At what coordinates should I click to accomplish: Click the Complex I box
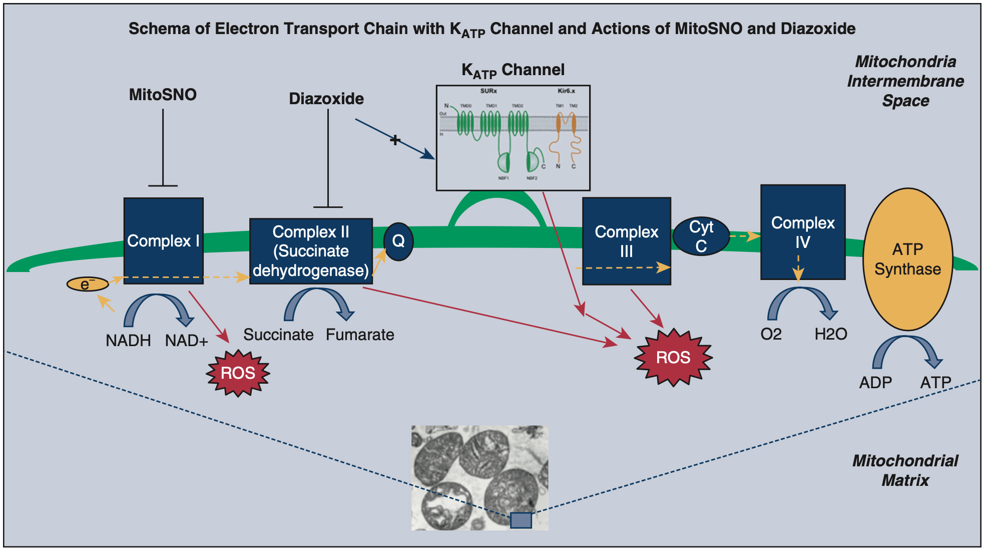click(163, 241)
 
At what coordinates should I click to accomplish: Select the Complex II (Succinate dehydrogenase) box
click(311, 251)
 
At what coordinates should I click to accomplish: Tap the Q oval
click(398, 241)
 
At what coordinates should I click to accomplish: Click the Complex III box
click(626, 241)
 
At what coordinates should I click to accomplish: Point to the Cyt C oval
click(701, 236)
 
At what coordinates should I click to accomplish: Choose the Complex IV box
click(803, 232)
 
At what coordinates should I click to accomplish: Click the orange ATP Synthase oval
click(907, 259)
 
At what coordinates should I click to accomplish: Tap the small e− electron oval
click(88, 285)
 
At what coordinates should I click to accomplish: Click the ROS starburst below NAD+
click(238, 373)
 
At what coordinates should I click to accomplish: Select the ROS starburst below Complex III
click(673, 358)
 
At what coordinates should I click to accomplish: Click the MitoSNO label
click(163, 95)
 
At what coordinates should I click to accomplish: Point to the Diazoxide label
click(326, 99)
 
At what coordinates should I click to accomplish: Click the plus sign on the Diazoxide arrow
click(395, 140)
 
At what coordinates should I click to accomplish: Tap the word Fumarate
click(360, 335)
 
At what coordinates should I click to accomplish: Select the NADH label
click(128, 341)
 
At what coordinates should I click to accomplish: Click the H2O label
click(830, 334)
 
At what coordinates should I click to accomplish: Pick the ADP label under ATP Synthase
click(875, 383)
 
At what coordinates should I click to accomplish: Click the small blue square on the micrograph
click(521, 520)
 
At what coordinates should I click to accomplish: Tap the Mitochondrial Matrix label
click(905, 470)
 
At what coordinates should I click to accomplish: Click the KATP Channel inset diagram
click(513, 138)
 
